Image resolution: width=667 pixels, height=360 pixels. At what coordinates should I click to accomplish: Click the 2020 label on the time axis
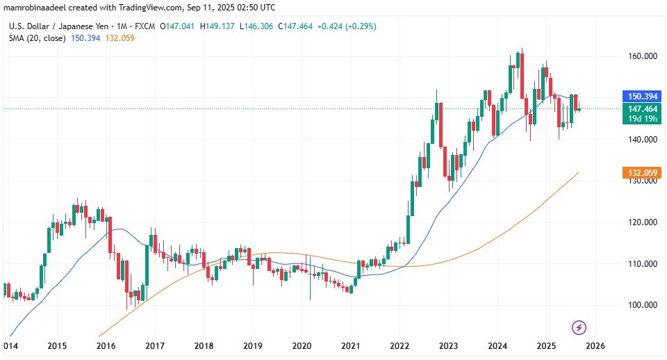click(x=301, y=345)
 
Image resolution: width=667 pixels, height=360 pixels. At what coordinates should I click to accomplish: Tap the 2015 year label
click(x=57, y=345)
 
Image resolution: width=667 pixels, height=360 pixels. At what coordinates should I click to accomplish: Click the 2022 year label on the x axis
click(x=399, y=345)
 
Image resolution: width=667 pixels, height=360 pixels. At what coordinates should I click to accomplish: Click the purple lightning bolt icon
click(x=579, y=327)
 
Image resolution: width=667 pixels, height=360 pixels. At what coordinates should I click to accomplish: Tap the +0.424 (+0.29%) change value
click(x=348, y=26)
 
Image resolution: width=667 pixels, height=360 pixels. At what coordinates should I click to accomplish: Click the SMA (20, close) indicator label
click(x=37, y=38)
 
